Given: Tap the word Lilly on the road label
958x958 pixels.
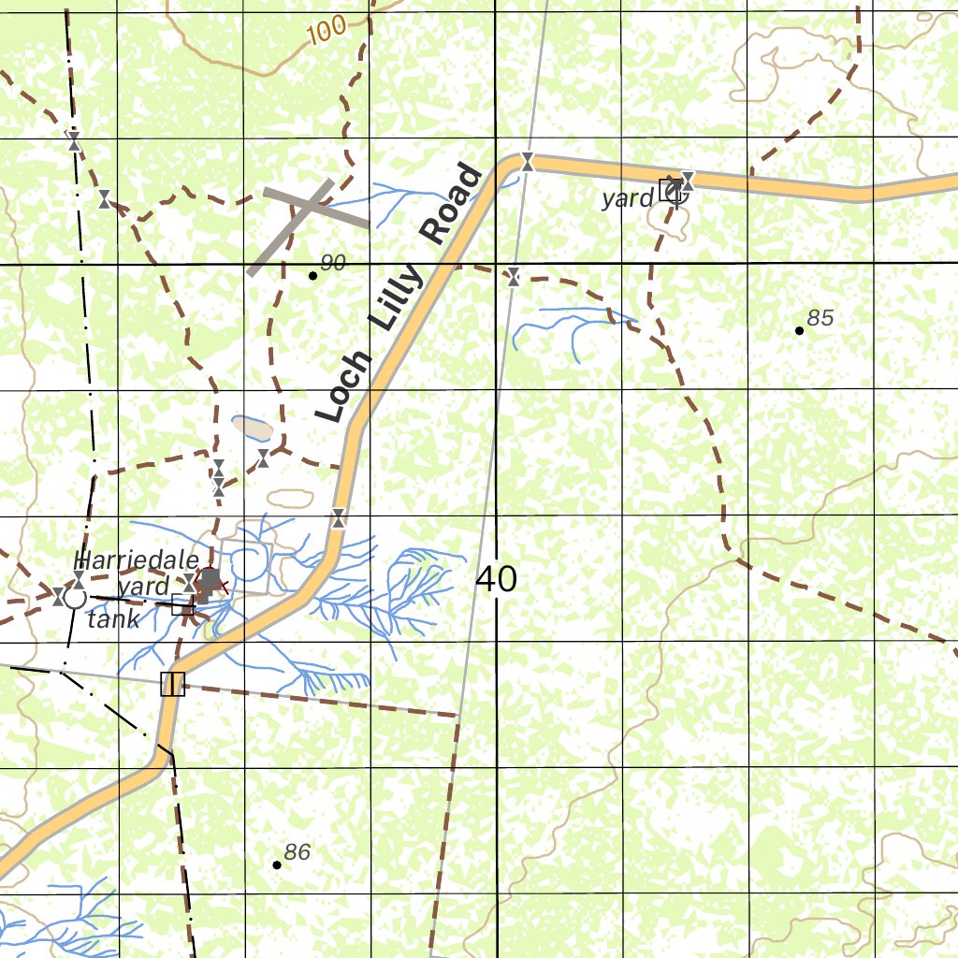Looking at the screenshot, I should [x=397, y=298].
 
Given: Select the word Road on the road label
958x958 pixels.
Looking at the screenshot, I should [x=455, y=205].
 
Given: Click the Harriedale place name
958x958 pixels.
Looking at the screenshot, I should [x=137, y=560].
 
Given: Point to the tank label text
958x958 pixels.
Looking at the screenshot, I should [x=113, y=619].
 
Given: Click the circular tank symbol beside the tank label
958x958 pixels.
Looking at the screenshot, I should [x=74, y=598].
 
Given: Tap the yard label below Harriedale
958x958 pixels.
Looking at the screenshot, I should [x=144, y=587].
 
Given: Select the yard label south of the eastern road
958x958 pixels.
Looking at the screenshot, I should [x=628, y=197].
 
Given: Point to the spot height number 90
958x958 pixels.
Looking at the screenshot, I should [x=332, y=263].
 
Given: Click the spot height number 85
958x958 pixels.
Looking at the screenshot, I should [x=820, y=318].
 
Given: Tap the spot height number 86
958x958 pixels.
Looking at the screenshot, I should [x=297, y=852].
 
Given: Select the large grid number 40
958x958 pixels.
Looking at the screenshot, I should [x=496, y=580].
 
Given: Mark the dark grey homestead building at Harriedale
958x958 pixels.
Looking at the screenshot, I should [x=211, y=580].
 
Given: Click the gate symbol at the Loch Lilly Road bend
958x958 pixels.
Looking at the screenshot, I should [x=528, y=162].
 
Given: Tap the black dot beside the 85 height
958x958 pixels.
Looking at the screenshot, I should [x=799, y=330].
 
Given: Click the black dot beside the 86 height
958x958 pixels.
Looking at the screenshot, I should [x=277, y=864].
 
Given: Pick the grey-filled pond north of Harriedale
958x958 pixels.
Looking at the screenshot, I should [x=253, y=428].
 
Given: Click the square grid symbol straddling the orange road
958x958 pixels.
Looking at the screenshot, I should [x=173, y=684].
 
